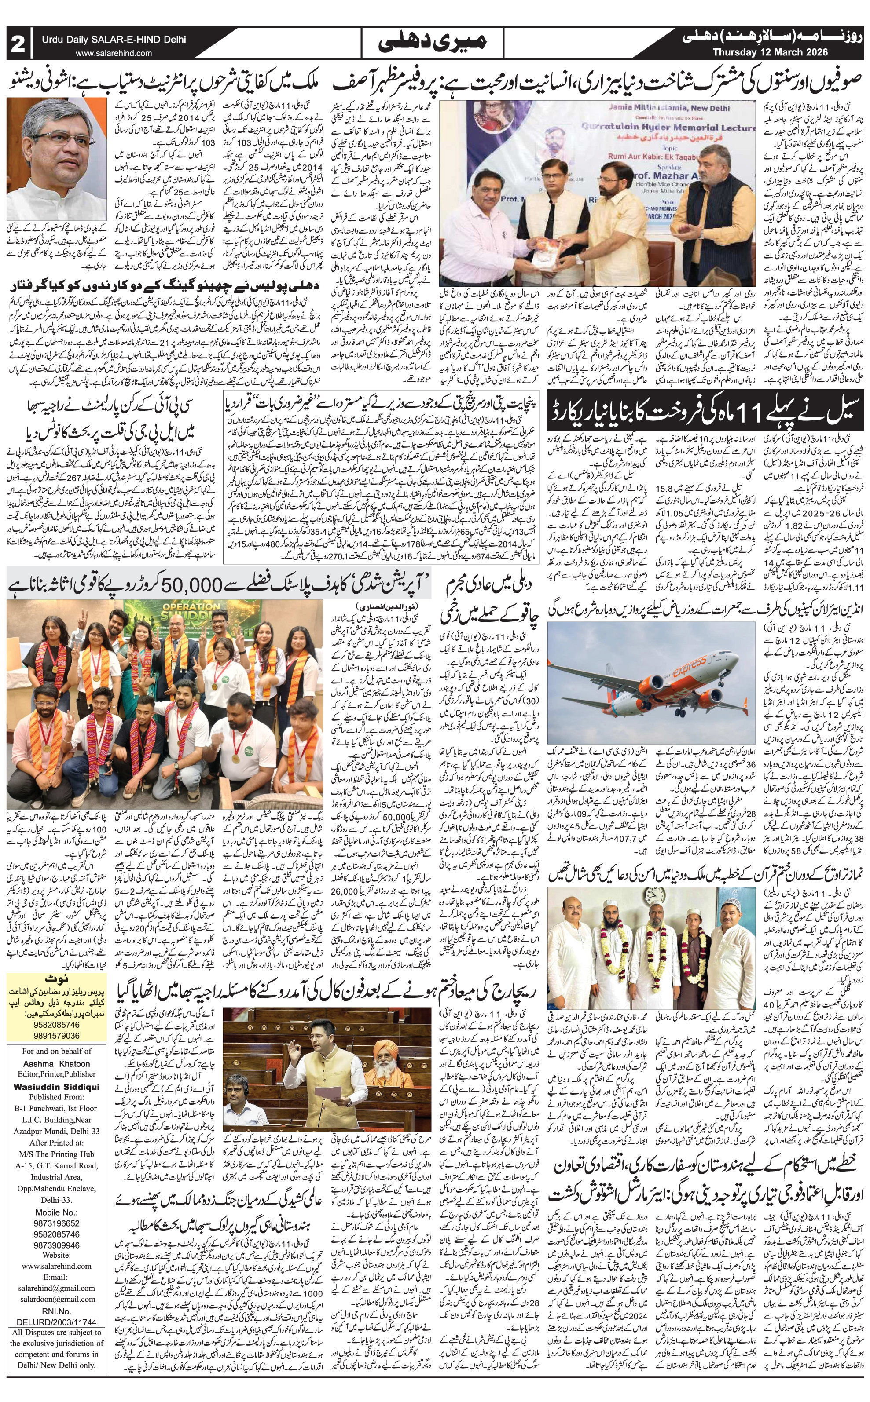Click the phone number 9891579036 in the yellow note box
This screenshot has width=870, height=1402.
click(56, 1035)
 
